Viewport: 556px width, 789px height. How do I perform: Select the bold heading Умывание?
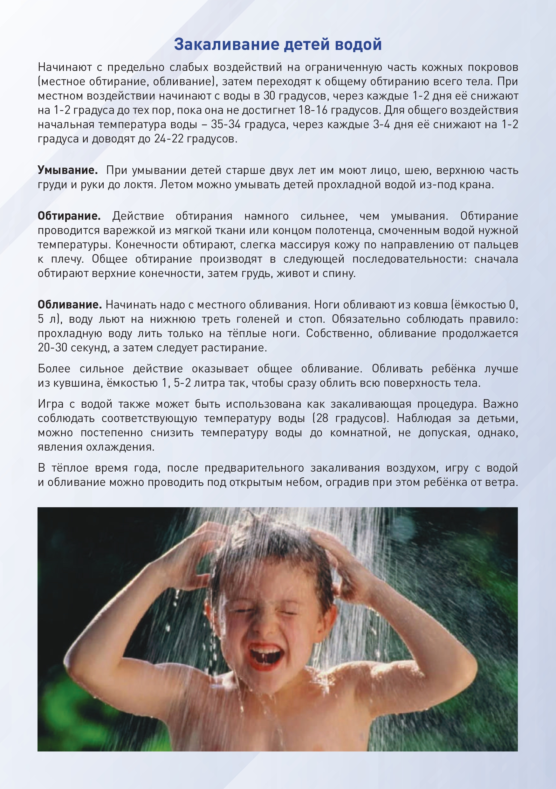click(68, 170)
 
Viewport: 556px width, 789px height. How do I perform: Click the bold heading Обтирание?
click(69, 216)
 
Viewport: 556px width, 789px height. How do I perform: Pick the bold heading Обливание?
click(70, 304)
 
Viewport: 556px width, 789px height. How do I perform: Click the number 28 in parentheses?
click(322, 418)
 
